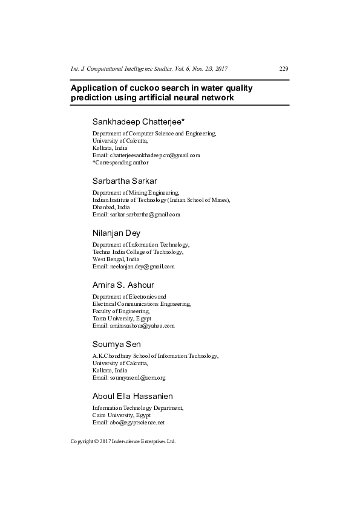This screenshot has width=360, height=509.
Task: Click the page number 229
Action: click(x=284, y=69)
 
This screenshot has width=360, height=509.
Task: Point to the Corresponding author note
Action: click(x=120, y=163)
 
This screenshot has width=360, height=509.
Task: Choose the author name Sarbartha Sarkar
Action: click(x=125, y=181)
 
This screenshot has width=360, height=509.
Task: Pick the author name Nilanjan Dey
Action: click(x=116, y=233)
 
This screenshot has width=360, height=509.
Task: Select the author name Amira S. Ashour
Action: click(x=123, y=285)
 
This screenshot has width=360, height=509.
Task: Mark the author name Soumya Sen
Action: click(x=116, y=343)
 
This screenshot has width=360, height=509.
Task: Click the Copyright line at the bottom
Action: click(x=123, y=442)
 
